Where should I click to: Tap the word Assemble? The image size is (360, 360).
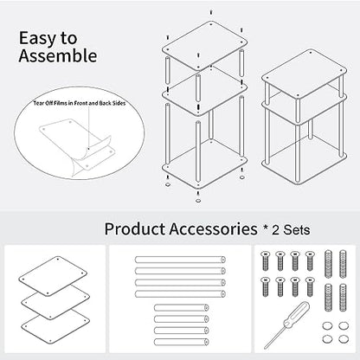point(58,55)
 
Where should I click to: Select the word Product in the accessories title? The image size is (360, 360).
point(135,229)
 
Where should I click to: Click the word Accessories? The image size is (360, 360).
point(213,229)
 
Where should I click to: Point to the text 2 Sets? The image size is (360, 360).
point(292,230)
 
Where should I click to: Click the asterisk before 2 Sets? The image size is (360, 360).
point(266,228)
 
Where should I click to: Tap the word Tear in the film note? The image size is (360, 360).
point(38,103)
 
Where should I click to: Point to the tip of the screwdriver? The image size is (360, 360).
point(265,348)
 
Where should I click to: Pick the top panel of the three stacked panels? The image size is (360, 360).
point(53,276)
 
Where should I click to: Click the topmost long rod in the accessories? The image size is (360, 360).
point(180,260)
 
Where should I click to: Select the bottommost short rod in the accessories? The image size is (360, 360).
point(182,342)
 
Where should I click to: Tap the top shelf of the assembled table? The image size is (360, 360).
point(304,74)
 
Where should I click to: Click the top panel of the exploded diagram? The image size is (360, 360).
point(204,46)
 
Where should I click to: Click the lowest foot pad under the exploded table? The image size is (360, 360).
point(198,201)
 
